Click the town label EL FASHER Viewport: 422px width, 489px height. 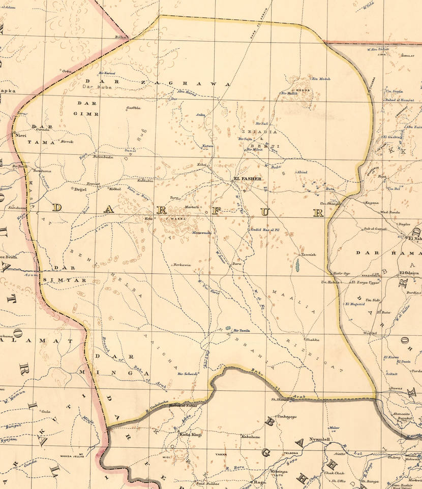tap(247, 179)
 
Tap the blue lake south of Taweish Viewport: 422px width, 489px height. tap(296, 265)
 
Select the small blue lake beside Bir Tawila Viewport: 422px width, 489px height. tap(228, 329)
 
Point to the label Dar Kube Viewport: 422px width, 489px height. tap(97, 87)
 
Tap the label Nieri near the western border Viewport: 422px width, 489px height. tap(21, 136)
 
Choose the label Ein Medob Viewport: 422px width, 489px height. tap(321, 79)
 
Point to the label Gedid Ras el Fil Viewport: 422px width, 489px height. tap(265, 230)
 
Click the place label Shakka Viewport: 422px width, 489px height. tap(312, 340)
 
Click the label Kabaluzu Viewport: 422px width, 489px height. tap(251, 436)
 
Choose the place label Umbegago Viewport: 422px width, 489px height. tap(286, 416)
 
